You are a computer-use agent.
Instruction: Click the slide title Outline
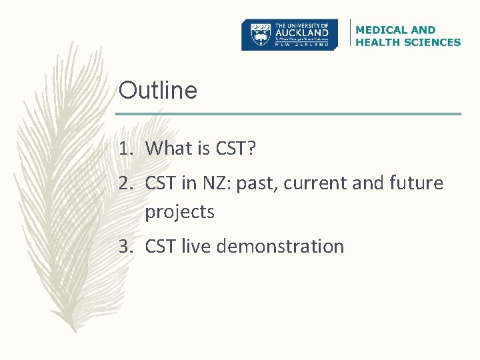(158, 90)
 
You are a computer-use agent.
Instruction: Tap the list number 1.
(127, 148)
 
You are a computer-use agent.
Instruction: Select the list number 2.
(127, 183)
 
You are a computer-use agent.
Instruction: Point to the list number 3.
(127, 247)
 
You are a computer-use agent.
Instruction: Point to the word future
(415, 183)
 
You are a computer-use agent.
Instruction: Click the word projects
(179, 213)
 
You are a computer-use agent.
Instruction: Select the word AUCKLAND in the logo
(303, 32)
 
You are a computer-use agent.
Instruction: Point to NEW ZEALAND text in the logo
(303, 45)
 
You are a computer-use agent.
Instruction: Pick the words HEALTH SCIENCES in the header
(408, 42)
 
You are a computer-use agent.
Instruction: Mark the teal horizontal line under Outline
(289, 114)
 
